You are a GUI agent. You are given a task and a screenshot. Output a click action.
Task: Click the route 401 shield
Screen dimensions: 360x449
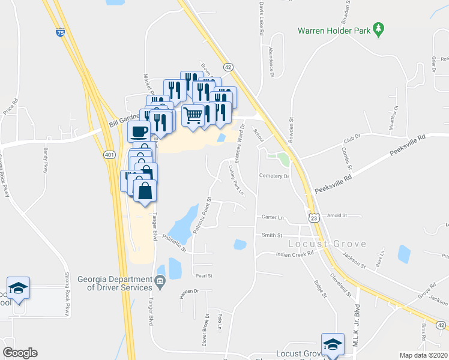(x=109, y=155)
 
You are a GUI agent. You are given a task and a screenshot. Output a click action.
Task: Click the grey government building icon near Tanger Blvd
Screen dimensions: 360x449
(x=160, y=280)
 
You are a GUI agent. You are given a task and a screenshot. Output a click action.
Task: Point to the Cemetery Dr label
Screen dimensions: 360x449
(x=274, y=176)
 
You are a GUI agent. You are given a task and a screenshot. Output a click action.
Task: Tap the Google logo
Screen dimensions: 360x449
(x=20, y=353)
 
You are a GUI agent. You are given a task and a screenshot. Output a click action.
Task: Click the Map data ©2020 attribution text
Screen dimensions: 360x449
(x=423, y=355)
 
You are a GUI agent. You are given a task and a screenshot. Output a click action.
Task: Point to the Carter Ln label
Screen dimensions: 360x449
(x=271, y=217)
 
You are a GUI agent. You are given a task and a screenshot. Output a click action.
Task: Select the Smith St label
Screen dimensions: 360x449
(x=271, y=235)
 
